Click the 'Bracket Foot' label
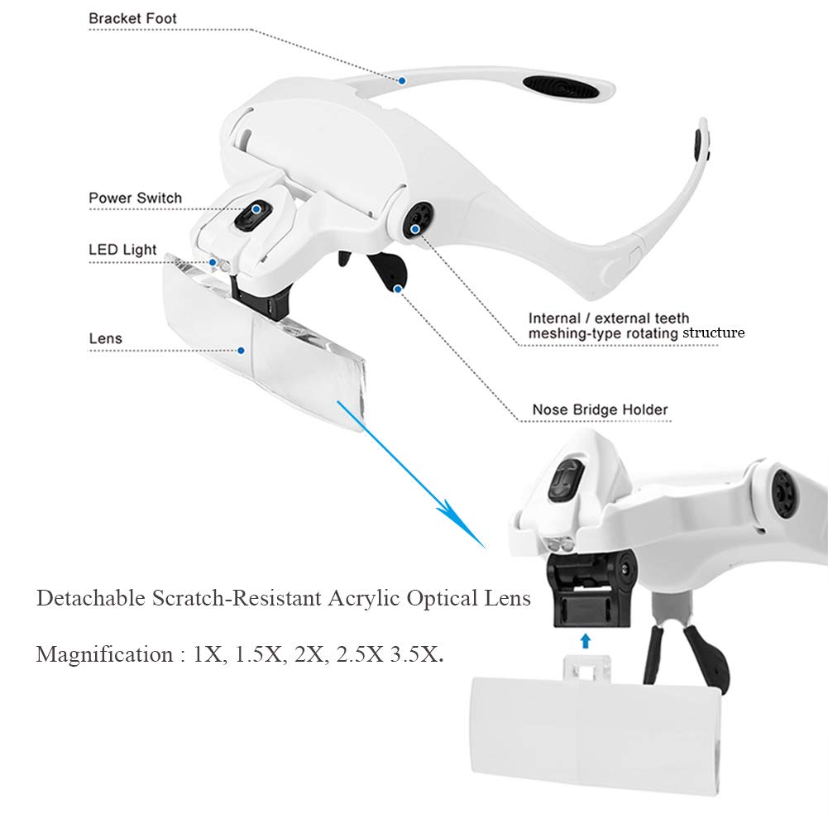point(132,18)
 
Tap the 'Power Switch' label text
point(135,198)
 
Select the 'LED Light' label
point(122,250)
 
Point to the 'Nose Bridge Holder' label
point(600,409)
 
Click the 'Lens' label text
point(106,338)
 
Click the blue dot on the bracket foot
point(402,81)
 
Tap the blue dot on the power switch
point(256,209)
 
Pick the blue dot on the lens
point(242,350)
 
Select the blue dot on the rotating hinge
point(415,228)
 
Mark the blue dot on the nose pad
point(398,289)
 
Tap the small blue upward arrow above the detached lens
point(585,641)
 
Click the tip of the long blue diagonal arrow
point(486,548)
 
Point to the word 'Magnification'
point(104,654)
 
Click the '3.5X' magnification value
point(416,654)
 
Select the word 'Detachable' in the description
point(91,598)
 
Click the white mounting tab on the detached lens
point(586,668)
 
